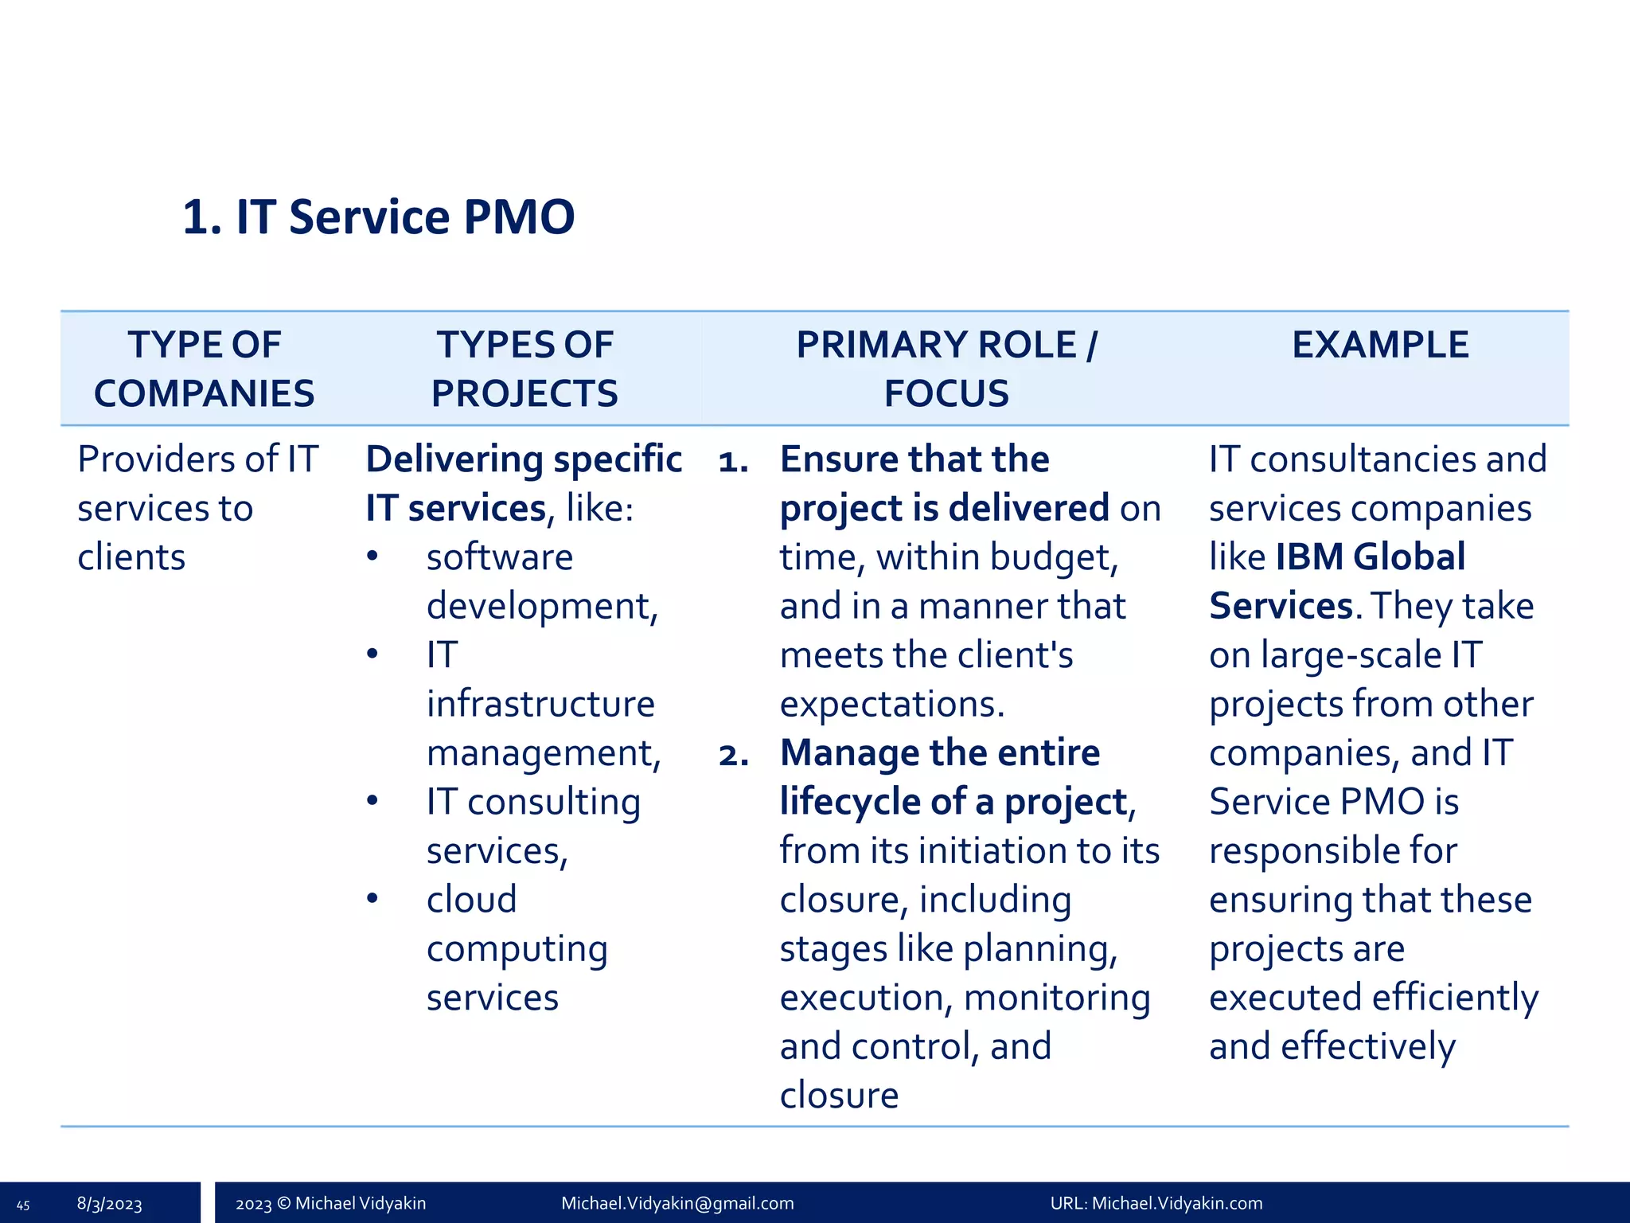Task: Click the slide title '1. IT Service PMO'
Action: point(378,217)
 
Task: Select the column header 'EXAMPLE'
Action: point(1379,345)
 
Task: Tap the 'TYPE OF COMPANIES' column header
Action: point(204,369)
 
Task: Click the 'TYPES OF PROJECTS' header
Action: point(524,369)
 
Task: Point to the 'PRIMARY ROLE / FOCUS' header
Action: point(946,369)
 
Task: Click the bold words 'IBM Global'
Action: point(1370,557)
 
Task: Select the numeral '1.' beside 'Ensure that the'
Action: point(733,461)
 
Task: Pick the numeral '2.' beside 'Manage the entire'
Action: point(733,754)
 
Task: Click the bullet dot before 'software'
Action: point(372,556)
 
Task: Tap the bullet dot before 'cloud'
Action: point(372,898)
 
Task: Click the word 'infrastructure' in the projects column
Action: point(540,704)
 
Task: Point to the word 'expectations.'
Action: point(892,704)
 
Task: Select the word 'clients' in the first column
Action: point(131,557)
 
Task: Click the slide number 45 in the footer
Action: point(23,1205)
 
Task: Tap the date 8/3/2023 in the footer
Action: point(109,1204)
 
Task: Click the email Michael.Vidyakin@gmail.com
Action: point(677,1203)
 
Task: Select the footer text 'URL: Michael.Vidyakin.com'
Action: point(1156,1203)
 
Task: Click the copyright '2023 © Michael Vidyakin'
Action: point(330,1203)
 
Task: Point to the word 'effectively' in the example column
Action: point(1367,1046)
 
